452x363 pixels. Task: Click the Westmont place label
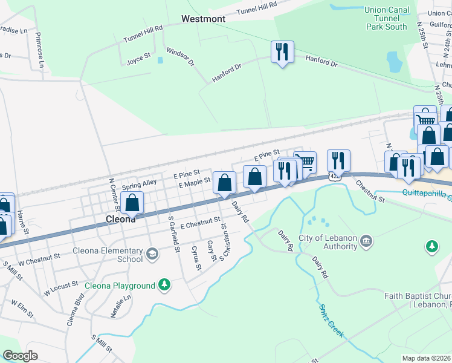click(204, 19)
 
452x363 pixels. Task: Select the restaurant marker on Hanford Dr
click(282, 53)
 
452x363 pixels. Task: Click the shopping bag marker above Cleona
click(132, 203)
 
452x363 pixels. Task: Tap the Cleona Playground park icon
click(164, 284)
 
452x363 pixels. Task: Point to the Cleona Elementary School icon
click(152, 253)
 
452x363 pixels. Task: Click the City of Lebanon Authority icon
click(366, 242)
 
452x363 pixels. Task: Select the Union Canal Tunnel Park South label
click(386, 18)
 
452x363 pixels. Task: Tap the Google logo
click(20, 356)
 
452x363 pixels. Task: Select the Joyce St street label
click(138, 59)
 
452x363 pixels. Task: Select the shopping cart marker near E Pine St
click(307, 162)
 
